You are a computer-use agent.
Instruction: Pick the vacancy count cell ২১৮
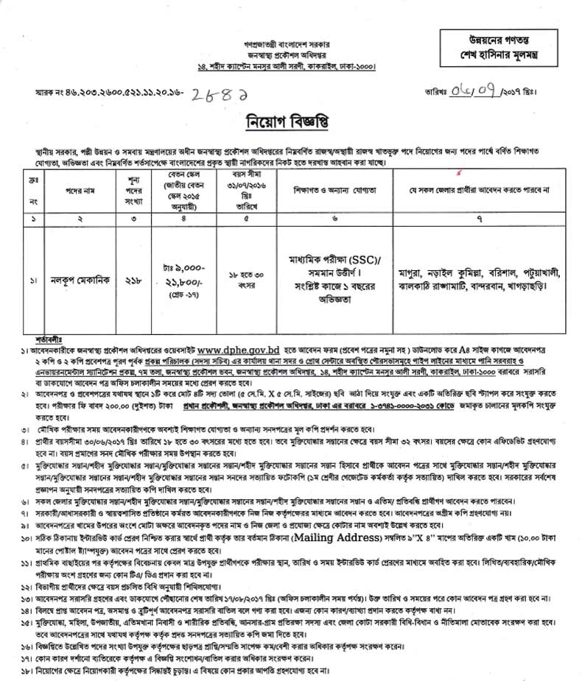(133, 280)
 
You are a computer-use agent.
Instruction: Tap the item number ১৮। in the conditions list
(25, 671)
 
